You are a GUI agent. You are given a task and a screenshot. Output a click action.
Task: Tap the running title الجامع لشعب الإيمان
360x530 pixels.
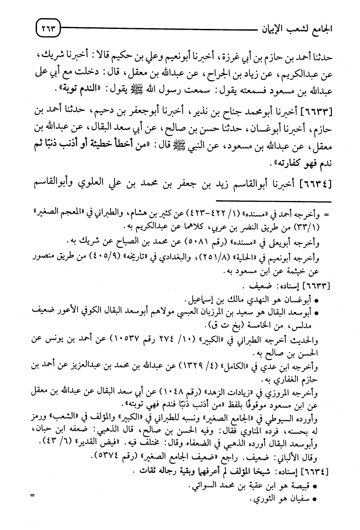pos(293,28)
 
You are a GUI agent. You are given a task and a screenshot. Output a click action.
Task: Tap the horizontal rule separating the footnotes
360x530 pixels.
pos(273,201)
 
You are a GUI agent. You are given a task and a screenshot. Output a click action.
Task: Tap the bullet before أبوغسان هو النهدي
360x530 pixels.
pos(316,300)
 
